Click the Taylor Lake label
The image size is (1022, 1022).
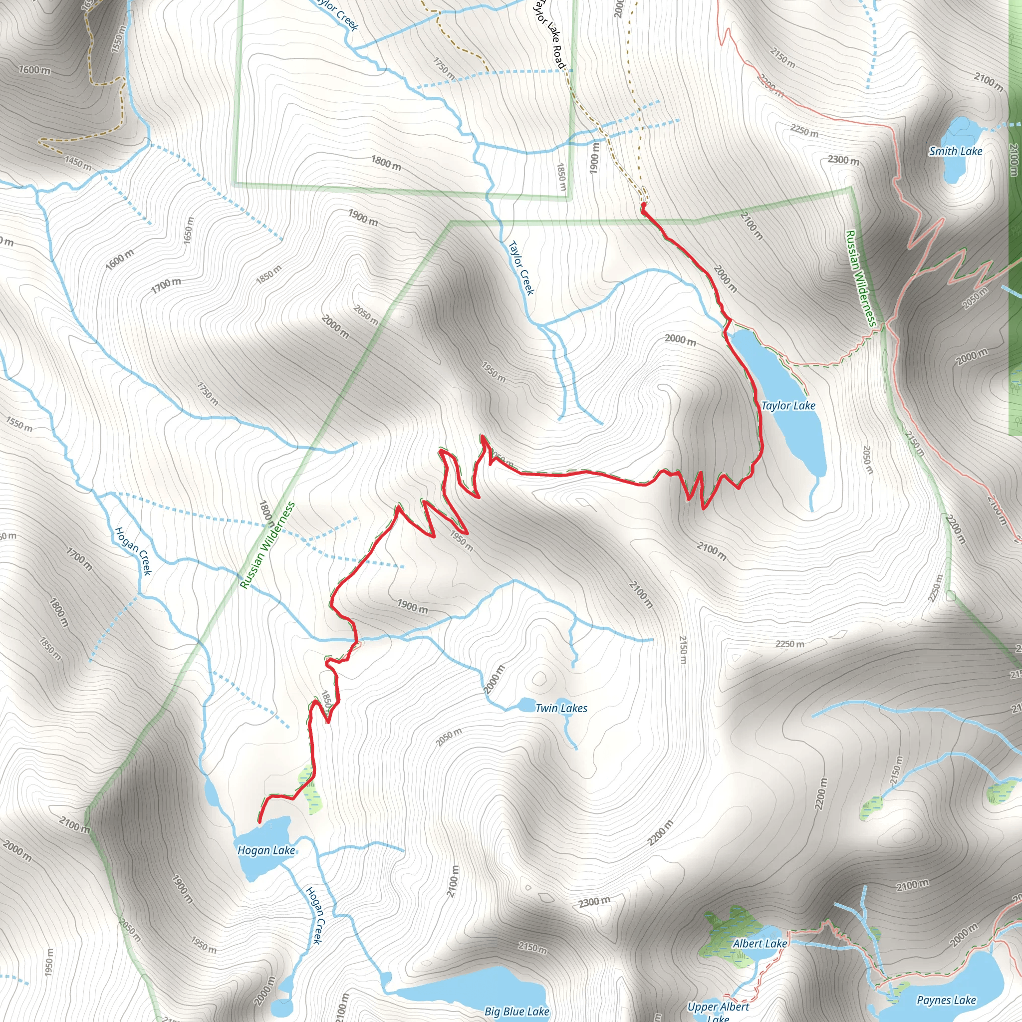click(787, 406)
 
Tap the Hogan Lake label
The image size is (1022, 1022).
click(266, 850)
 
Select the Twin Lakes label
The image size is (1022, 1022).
click(561, 708)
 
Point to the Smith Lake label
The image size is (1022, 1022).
click(955, 151)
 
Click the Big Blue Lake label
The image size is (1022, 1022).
click(517, 1012)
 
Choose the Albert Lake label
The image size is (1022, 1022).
click(760, 944)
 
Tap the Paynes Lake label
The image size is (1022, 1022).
click(946, 1001)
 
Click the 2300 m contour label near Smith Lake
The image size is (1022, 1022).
click(843, 160)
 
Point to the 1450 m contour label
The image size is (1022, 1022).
click(78, 163)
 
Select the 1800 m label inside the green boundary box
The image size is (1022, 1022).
click(386, 163)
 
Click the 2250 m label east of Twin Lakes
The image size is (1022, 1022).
click(790, 644)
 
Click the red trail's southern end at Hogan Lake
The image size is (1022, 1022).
click(259, 821)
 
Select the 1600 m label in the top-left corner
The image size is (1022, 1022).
click(35, 70)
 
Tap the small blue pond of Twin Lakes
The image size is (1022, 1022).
click(526, 706)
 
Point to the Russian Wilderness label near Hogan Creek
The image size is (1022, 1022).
click(267, 545)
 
